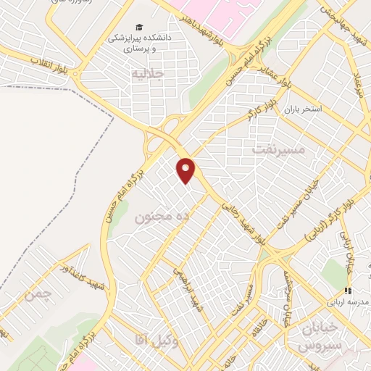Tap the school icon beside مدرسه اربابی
[348, 291]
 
